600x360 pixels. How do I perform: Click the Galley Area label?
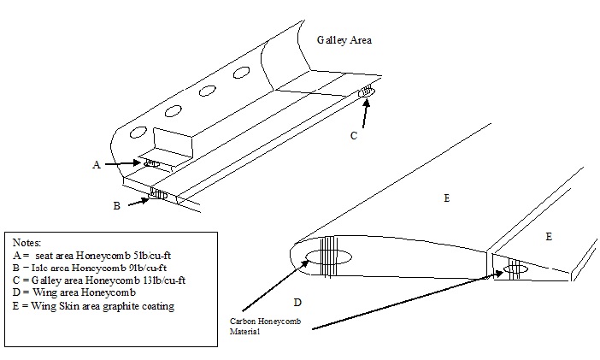(x=344, y=39)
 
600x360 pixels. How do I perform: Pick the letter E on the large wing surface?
(x=446, y=198)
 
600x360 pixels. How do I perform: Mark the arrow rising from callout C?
(x=366, y=111)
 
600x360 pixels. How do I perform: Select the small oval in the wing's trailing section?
(x=515, y=269)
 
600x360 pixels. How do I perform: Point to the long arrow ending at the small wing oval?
(x=402, y=300)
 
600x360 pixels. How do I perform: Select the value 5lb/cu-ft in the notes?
(x=164, y=256)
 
